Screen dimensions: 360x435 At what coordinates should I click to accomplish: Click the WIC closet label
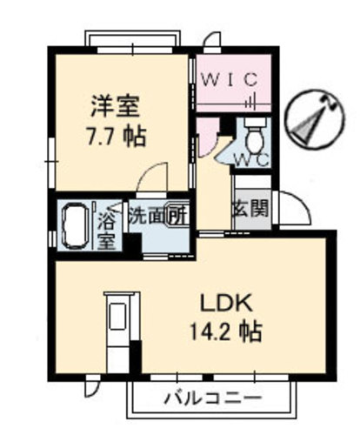230,79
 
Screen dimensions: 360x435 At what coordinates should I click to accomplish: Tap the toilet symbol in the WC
255,135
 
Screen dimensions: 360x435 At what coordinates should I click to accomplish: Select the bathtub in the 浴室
75,224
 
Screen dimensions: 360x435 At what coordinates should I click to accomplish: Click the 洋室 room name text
116,106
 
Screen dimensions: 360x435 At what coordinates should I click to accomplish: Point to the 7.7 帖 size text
117,136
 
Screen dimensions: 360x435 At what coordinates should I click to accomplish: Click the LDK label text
227,302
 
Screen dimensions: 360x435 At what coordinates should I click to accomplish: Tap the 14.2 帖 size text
226,331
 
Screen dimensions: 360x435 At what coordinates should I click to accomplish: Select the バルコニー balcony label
213,398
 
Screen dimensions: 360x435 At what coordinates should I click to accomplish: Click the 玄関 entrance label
251,208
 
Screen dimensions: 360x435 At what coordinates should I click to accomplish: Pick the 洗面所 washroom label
157,216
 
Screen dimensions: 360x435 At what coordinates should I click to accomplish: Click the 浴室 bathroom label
106,231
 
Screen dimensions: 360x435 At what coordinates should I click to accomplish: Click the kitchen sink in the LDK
118,317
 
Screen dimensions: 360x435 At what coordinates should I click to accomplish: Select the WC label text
251,160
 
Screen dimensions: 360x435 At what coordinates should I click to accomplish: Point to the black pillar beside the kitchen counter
135,358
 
